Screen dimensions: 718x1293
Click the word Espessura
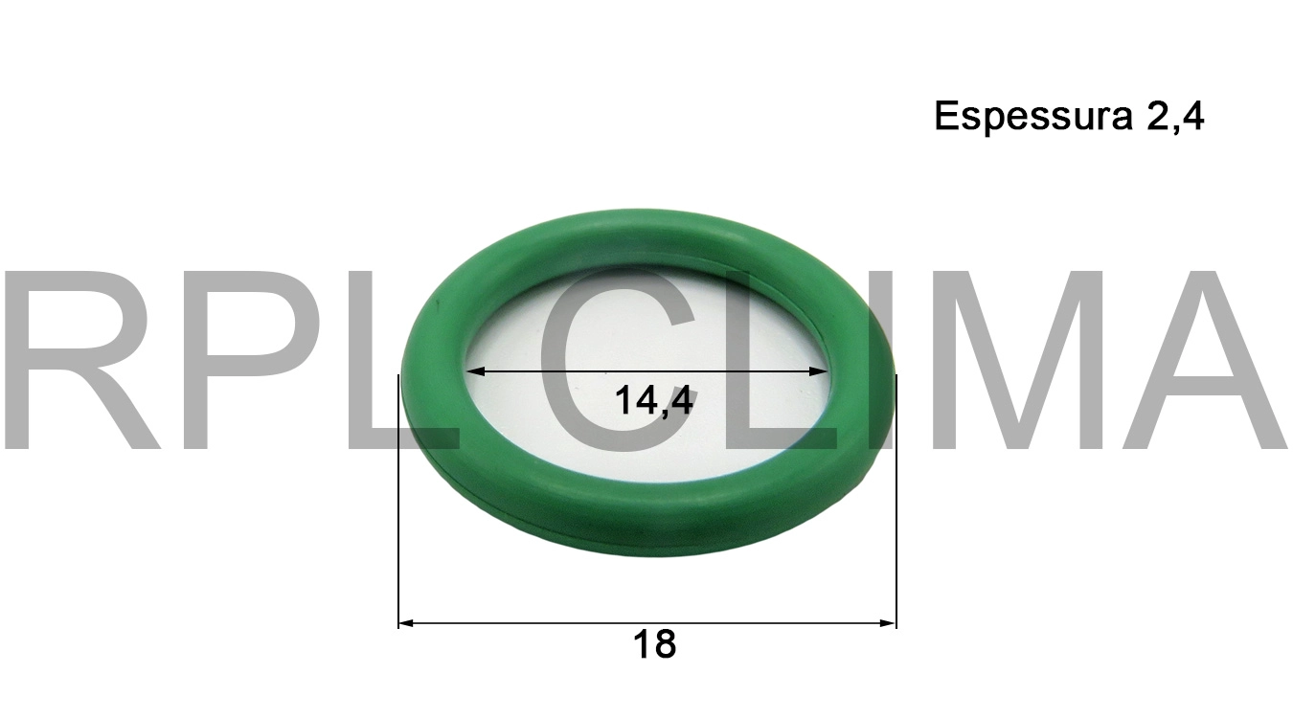tap(1030, 118)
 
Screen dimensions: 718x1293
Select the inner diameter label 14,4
tap(654, 401)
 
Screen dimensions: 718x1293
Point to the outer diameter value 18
tap(654, 645)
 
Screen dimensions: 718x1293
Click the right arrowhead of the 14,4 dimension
tap(821, 371)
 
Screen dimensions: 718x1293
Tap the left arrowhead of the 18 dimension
tap(405, 623)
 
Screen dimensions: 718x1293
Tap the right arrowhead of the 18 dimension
tap(889, 623)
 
